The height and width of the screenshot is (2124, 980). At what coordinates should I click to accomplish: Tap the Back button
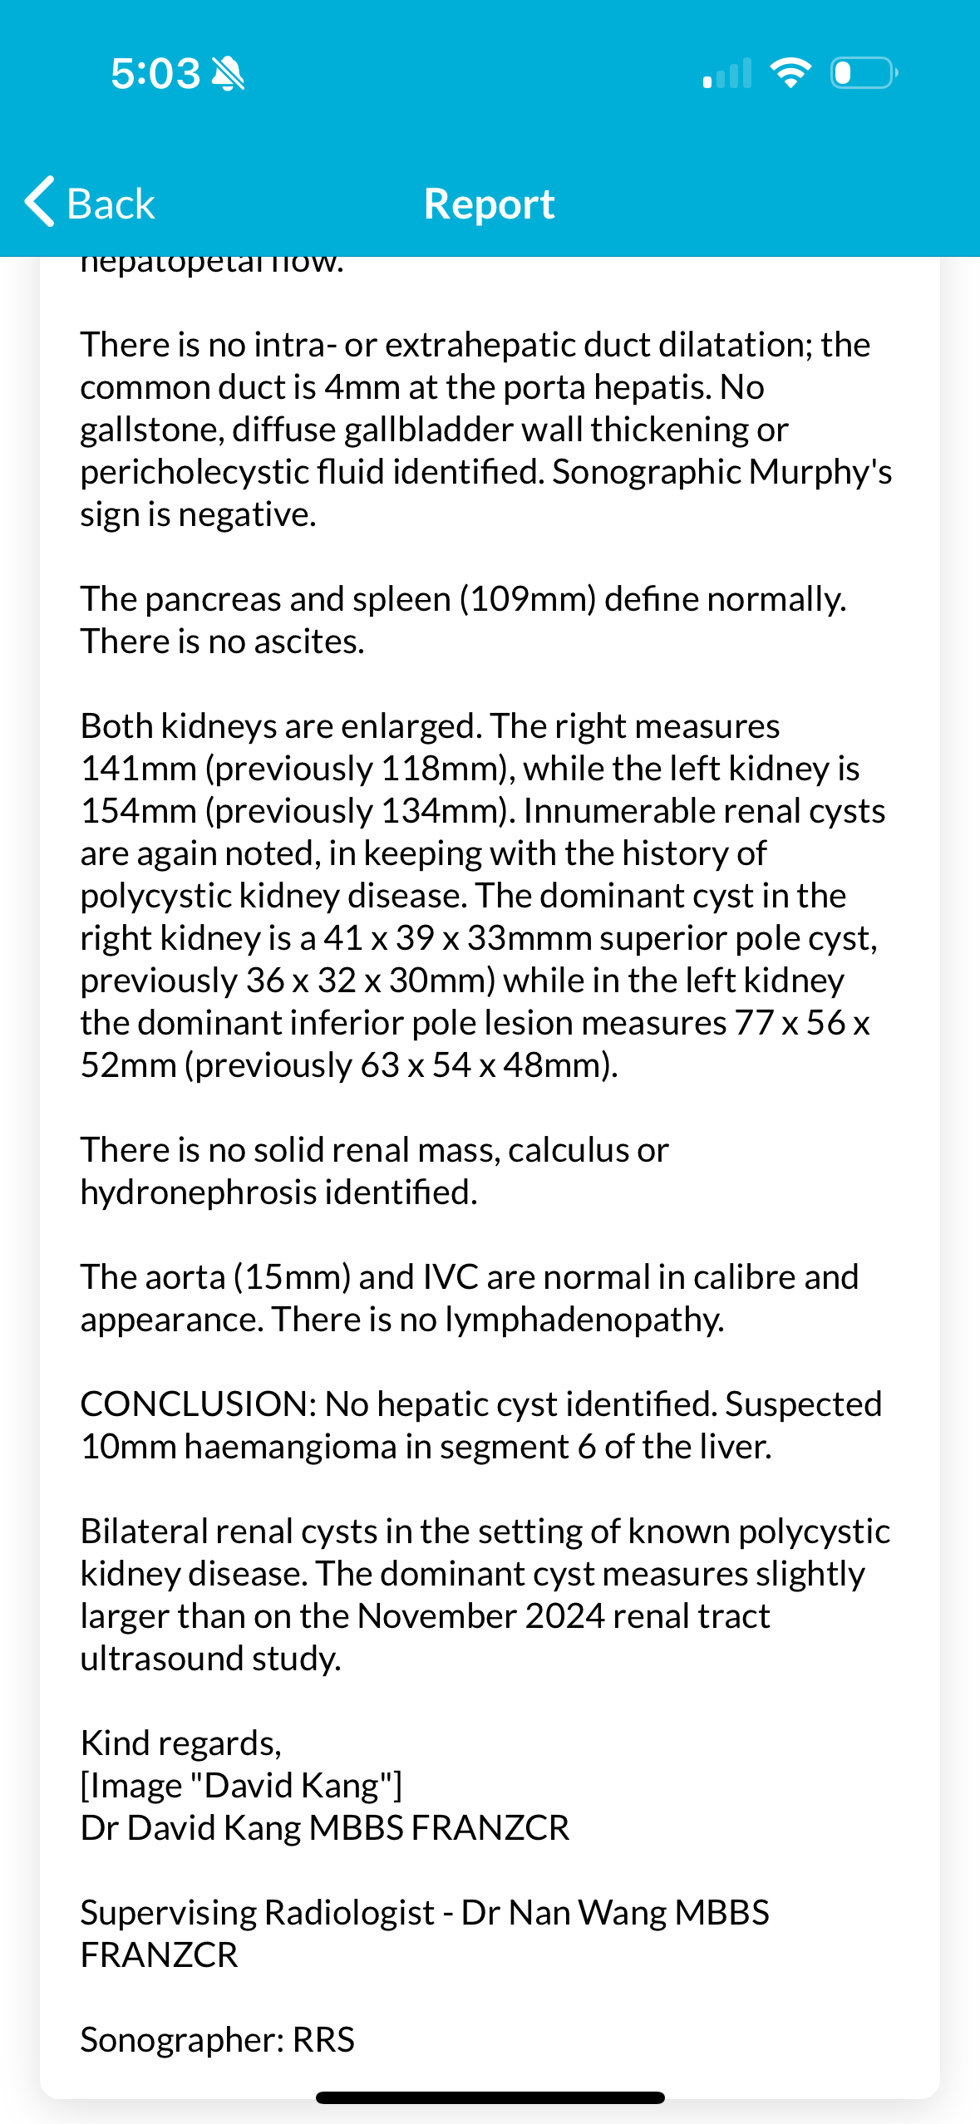pos(90,204)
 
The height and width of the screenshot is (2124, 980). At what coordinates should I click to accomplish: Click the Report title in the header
pos(489,204)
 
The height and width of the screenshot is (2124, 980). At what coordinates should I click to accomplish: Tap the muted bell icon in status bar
pos(228,74)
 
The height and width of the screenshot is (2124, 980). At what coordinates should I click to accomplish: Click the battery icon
pos(863,73)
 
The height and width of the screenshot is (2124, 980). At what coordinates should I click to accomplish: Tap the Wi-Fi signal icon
pos(790,73)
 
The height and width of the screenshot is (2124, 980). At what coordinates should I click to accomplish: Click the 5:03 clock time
pos(155,74)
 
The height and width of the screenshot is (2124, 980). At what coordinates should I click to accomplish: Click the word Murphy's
pos(820,472)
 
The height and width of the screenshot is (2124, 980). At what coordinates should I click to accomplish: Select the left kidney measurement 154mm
pos(138,811)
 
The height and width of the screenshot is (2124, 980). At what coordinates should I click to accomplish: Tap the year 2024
pos(564,1616)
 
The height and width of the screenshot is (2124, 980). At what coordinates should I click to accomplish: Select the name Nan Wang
pos(587,1913)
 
